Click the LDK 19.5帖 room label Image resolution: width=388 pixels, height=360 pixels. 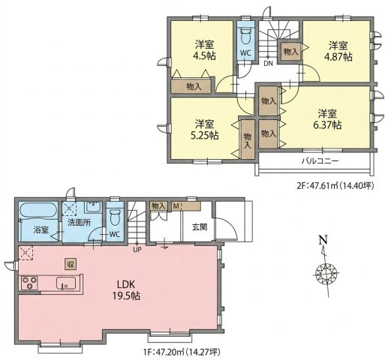tap(126, 290)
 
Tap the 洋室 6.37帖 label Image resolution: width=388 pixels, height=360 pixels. tap(327, 119)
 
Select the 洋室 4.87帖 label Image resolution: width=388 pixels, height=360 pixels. tap(338, 52)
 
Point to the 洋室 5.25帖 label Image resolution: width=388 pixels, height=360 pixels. tap(204, 130)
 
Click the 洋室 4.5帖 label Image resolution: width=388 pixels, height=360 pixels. tap(204, 50)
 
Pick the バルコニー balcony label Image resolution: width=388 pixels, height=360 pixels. tap(320, 160)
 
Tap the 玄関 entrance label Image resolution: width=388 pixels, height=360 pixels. tap(200, 226)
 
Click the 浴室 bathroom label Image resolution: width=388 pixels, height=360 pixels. tap(41, 229)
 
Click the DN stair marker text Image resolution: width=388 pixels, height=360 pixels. tap(268, 64)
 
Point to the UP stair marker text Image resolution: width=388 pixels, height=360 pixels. tap(137, 249)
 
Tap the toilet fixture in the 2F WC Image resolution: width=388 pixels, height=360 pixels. tap(246, 37)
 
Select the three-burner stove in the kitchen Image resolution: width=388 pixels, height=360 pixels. tap(29, 283)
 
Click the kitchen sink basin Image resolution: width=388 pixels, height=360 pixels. tap(66, 283)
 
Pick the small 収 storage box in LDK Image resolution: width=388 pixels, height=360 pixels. tap(71, 264)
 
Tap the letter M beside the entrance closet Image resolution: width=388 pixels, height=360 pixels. tap(176, 206)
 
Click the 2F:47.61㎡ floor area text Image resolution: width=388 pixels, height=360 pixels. tap(335, 185)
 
